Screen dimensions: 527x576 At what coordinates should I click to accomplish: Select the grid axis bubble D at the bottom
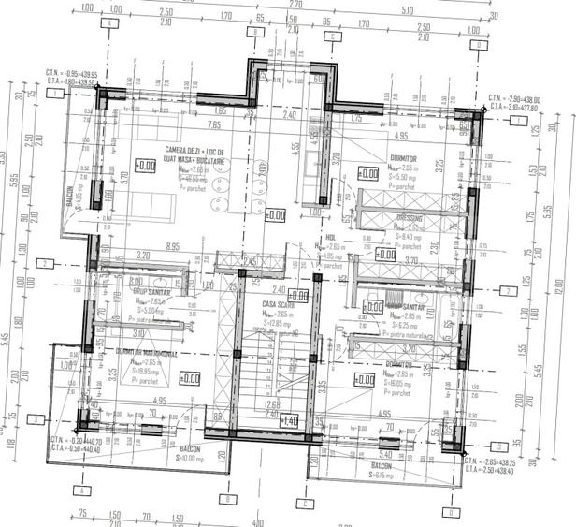pos(451,513)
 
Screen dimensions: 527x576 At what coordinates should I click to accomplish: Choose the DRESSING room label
pos(408,217)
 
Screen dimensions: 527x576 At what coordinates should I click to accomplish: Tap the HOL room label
pos(330,238)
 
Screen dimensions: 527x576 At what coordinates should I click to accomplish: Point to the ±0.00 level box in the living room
pos(145,166)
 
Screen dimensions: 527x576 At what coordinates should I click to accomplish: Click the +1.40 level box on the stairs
pos(290,420)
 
